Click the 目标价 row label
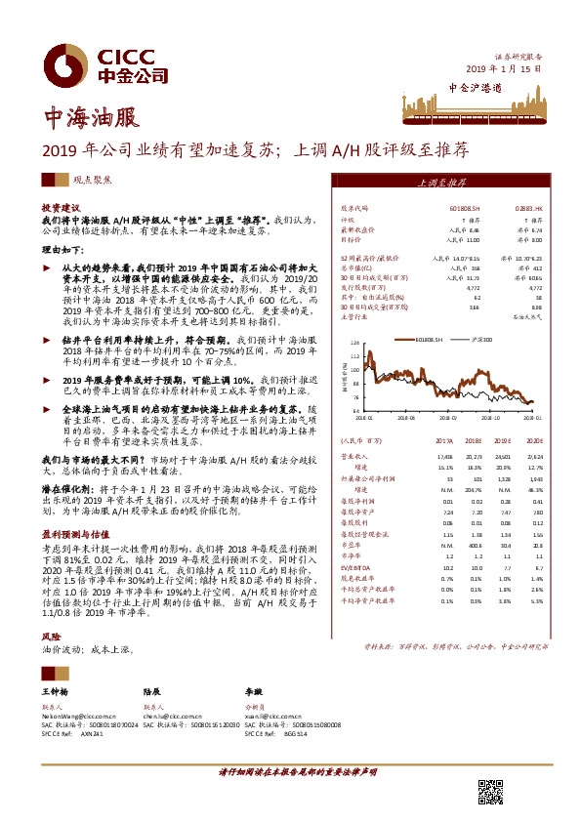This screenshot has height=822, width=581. [x=351, y=238]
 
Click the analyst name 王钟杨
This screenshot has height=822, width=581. [x=55, y=690]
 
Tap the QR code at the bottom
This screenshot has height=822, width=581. [x=489, y=791]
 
